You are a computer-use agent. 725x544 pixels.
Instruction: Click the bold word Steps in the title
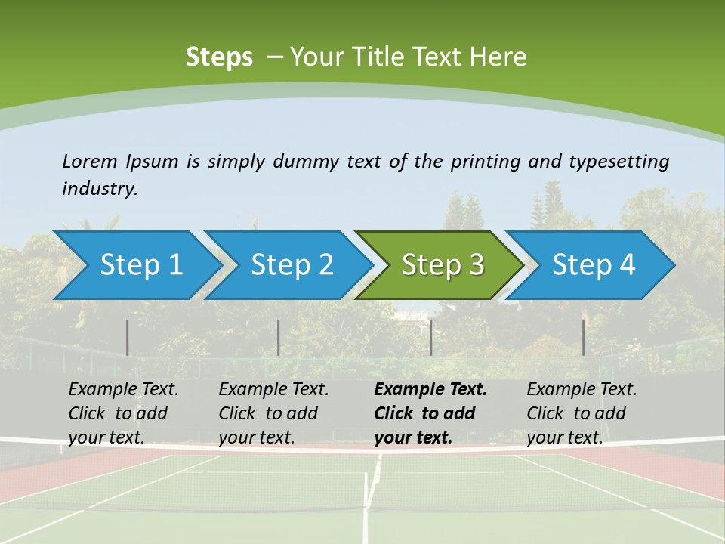pyautogui.click(x=219, y=57)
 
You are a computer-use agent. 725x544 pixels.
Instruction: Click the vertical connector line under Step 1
pyautogui.click(x=128, y=337)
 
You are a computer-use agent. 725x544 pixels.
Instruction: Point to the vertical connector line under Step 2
pyautogui.click(x=279, y=337)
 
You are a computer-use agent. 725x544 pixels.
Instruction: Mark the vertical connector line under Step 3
pyautogui.click(x=430, y=337)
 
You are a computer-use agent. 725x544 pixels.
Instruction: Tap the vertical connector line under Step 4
pyautogui.click(x=583, y=337)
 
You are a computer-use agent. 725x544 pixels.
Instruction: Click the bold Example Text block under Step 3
pyautogui.click(x=430, y=413)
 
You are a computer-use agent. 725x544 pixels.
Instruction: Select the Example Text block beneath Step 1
pyautogui.click(x=123, y=413)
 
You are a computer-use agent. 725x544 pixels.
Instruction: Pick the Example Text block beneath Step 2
pyautogui.click(x=273, y=413)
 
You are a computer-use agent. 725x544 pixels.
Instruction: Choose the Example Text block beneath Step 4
pyautogui.click(x=582, y=413)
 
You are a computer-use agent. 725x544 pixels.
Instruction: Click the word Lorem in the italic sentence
pyautogui.click(x=89, y=162)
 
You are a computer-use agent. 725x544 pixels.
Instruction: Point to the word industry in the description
pyautogui.click(x=100, y=189)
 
